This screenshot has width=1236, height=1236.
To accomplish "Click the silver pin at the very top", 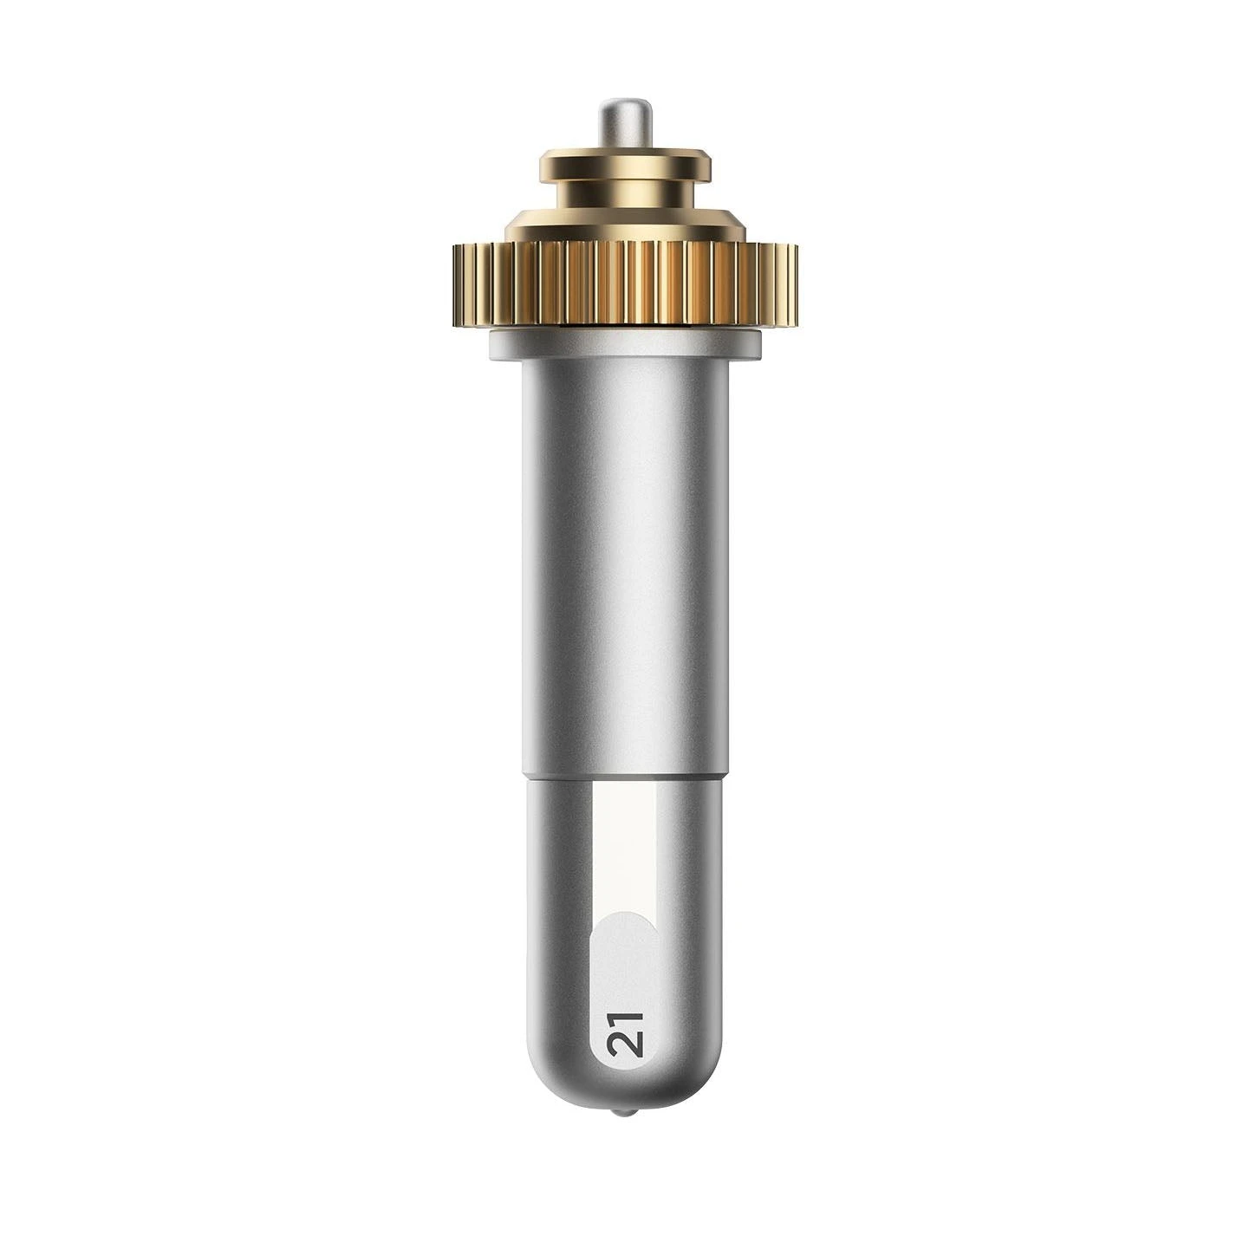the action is (x=626, y=125).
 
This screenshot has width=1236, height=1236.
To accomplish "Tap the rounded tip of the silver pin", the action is (x=626, y=102).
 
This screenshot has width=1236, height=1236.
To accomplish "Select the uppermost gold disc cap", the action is (x=626, y=164).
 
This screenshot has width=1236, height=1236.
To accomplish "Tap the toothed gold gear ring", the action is (x=626, y=285).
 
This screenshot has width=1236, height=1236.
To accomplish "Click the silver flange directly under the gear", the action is (x=626, y=344).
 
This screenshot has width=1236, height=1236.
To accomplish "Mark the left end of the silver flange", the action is (x=491, y=344).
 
